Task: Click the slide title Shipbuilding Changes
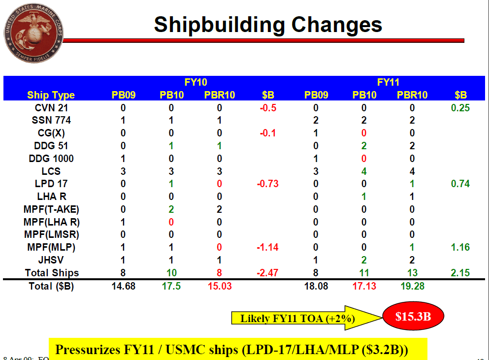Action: [x=268, y=25]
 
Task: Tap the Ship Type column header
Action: [x=51, y=95]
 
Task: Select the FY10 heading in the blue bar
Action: [x=196, y=82]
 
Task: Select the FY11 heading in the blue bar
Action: [x=388, y=82]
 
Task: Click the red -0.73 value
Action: [x=268, y=184]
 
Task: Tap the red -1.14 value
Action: [x=268, y=247]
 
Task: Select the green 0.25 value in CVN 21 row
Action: [x=460, y=108]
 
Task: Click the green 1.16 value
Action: [x=460, y=247]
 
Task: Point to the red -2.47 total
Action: [x=268, y=273]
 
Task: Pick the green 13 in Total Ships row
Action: [x=412, y=273]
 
